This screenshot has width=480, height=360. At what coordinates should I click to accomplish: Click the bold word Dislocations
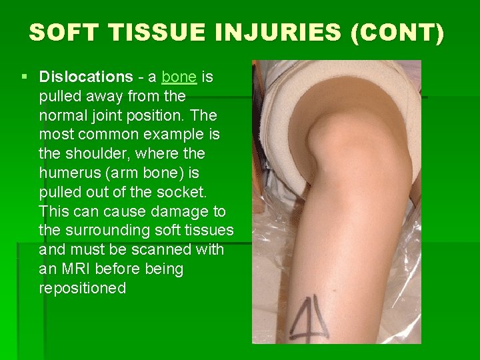(86, 77)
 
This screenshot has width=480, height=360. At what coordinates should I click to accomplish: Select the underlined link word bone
(179, 77)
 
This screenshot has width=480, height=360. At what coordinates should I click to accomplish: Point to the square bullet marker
(25, 77)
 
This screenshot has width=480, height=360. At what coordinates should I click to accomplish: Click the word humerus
(70, 173)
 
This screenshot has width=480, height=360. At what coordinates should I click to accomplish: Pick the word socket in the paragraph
(185, 193)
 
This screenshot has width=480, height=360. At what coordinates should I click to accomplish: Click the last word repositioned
(83, 289)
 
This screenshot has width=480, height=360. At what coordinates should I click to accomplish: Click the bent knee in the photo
(333, 133)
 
